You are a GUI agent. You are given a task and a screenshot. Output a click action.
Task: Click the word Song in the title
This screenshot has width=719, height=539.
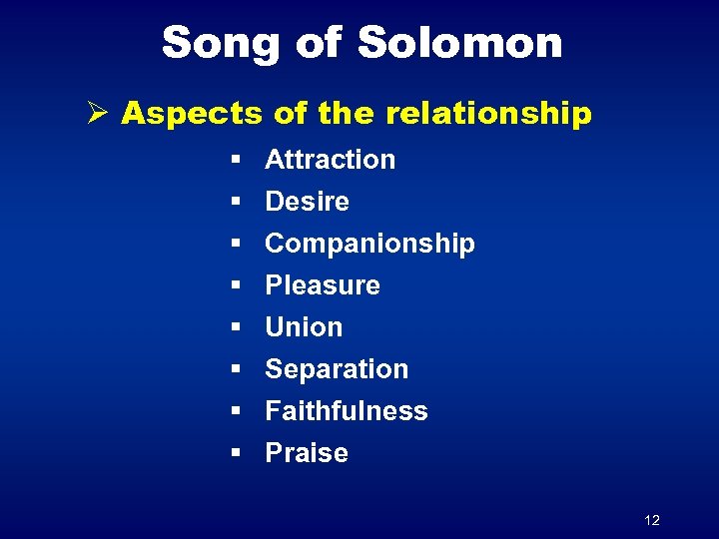(x=220, y=43)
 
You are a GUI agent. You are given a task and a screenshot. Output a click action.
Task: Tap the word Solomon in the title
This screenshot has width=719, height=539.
(x=459, y=43)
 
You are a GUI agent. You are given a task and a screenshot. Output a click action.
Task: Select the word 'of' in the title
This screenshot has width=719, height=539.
(x=321, y=43)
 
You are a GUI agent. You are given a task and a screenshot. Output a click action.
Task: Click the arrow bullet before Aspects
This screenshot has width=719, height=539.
(x=97, y=113)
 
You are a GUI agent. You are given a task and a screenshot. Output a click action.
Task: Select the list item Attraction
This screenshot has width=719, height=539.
(x=330, y=160)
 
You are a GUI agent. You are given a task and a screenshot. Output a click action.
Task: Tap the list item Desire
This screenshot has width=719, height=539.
(x=307, y=202)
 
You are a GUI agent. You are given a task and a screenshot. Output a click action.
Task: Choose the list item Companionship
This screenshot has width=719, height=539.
(x=369, y=244)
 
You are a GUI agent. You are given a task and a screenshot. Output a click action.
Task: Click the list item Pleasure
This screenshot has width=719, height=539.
(x=322, y=285)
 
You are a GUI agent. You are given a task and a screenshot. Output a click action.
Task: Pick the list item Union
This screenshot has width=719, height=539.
(x=304, y=327)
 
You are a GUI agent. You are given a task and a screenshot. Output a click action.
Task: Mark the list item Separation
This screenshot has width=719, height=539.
(x=337, y=369)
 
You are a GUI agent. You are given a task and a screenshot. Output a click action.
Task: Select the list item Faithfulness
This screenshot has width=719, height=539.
(x=346, y=411)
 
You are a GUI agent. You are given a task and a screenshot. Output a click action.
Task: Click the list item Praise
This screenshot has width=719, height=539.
(x=306, y=453)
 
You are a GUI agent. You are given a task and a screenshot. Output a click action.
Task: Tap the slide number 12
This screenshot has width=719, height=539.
(x=652, y=520)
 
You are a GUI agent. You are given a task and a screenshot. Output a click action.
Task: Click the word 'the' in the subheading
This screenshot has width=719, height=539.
(x=345, y=114)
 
